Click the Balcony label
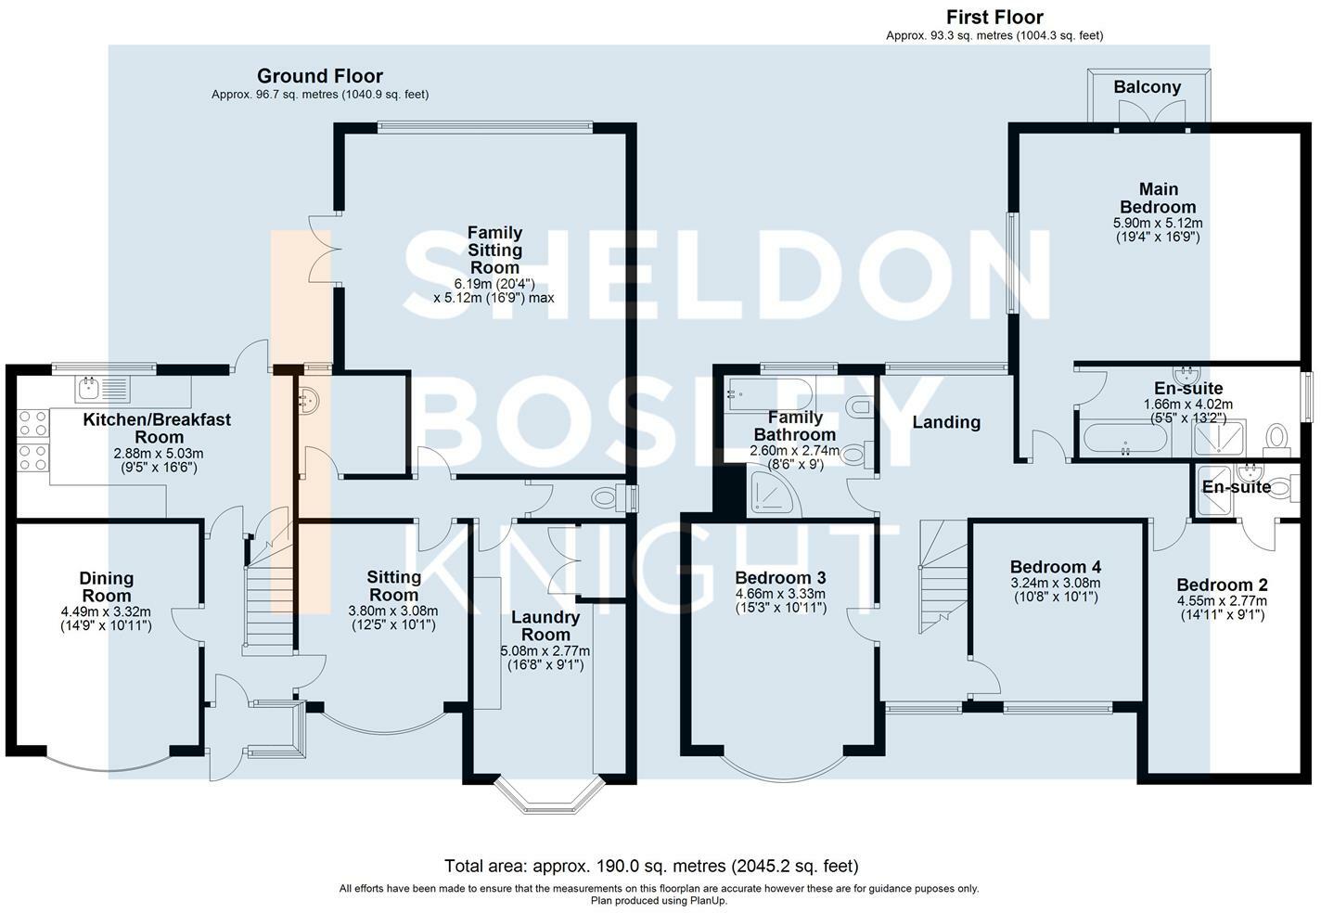pos(1148,87)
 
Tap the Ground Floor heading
pos(319,76)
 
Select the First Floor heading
pos(994,18)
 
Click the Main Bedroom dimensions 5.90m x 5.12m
pos(1157,223)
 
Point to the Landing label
pos(946,422)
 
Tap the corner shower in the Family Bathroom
pos(772,493)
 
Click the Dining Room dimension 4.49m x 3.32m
pos(106,611)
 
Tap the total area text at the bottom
pos(651,866)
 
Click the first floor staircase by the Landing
pos(942,580)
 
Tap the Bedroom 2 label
pos(1222,585)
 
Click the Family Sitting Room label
pos(494,250)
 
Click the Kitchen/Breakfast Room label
pos(157,428)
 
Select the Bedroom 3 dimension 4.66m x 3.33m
pos(779,594)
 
